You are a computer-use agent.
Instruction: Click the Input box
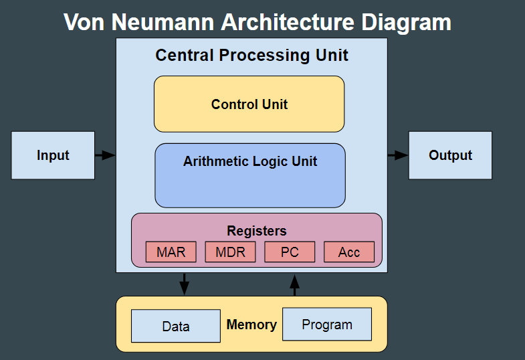(53, 155)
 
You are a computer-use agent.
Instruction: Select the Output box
(450, 155)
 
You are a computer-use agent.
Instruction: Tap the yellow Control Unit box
(249, 104)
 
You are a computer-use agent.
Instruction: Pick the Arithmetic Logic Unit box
(250, 175)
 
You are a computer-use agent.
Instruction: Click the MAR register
(171, 252)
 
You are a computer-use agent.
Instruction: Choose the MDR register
(230, 252)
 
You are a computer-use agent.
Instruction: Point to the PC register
(290, 252)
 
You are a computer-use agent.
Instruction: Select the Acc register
(349, 252)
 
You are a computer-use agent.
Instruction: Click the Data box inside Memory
(175, 326)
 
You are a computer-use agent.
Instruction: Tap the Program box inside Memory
(327, 325)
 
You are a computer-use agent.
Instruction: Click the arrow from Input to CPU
(105, 155)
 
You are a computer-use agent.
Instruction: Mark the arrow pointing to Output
(398, 155)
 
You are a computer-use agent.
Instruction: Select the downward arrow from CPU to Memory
(185, 284)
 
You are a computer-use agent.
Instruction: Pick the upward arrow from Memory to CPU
(294, 284)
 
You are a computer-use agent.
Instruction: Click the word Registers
(257, 231)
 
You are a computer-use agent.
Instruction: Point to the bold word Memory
(251, 325)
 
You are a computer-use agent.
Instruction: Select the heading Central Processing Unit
(251, 55)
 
